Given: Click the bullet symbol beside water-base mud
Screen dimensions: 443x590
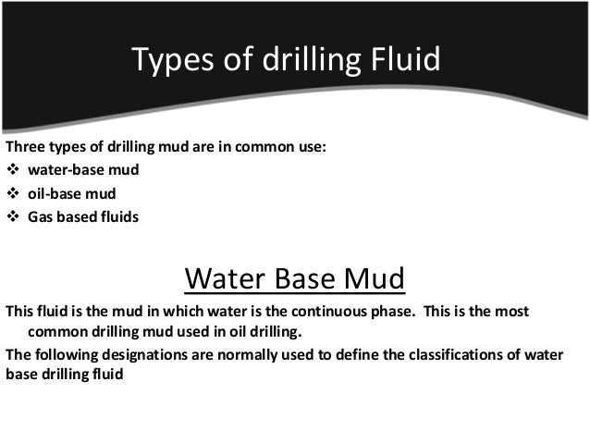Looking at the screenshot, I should tap(13, 170).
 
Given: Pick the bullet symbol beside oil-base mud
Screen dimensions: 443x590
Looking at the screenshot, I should tap(13, 194).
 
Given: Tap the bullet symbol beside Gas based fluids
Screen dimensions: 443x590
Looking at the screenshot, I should tap(13, 218).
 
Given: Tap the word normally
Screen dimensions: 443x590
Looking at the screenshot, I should tap(247, 355).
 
